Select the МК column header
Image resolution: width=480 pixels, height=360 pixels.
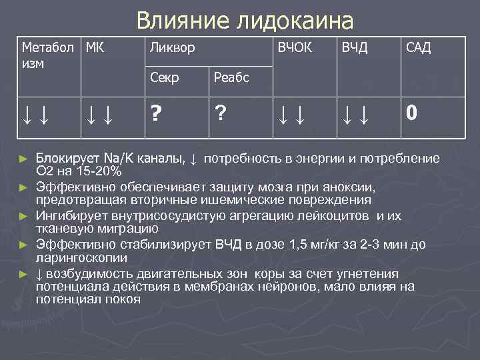(95, 47)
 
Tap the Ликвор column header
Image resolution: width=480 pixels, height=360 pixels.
(173, 48)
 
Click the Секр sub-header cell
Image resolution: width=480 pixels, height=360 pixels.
(165, 77)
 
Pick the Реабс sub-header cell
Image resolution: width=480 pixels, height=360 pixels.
(231, 77)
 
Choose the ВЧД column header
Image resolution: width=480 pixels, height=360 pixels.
(355, 48)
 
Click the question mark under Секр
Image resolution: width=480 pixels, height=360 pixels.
(155, 113)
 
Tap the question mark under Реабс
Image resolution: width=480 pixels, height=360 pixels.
(219, 113)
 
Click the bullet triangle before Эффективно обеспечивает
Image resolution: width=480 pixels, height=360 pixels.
(24, 187)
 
